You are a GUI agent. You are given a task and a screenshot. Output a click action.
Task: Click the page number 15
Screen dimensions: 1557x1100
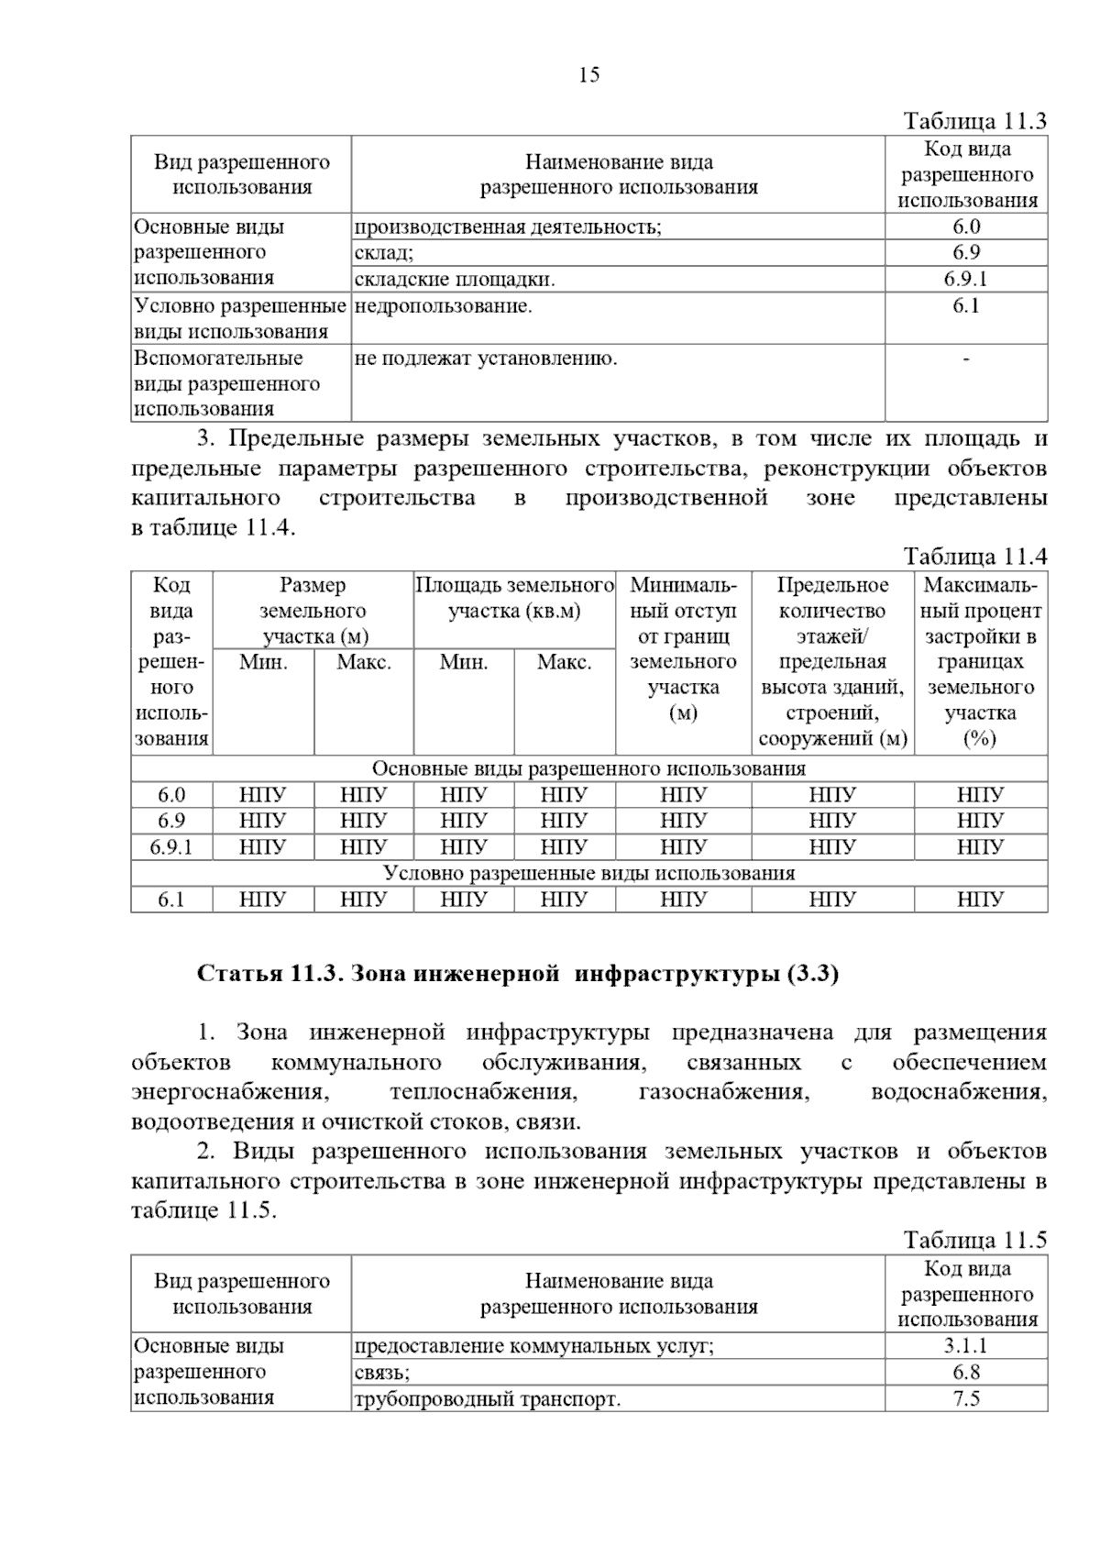coord(588,75)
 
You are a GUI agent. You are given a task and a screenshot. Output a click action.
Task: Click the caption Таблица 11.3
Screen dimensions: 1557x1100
coord(974,122)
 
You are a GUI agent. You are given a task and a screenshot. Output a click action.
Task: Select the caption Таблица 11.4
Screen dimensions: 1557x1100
coord(974,557)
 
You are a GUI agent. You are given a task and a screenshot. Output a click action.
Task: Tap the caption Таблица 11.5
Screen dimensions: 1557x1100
coord(974,1241)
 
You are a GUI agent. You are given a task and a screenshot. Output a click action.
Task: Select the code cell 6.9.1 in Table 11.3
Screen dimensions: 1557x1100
coord(966,279)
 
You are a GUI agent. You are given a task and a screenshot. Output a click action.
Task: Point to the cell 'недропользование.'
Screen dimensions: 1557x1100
coord(443,306)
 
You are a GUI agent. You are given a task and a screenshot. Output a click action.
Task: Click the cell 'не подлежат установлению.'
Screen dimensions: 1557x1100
coord(486,359)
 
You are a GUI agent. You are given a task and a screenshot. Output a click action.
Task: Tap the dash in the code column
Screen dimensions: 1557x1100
coord(966,359)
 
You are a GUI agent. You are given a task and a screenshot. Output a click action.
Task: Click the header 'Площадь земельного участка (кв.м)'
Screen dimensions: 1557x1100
coord(514,598)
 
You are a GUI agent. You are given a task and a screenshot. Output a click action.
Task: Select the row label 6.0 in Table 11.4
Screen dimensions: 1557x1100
coord(171,795)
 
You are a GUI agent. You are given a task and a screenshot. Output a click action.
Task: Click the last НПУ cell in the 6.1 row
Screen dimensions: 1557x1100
coord(980,900)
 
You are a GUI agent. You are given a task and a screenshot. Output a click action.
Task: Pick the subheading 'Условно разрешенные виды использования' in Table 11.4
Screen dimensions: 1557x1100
coord(588,873)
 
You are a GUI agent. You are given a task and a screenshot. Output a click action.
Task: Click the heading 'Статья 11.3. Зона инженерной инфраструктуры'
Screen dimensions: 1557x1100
coord(518,974)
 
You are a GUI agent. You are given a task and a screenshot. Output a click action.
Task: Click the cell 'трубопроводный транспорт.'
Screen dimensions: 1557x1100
coord(487,1399)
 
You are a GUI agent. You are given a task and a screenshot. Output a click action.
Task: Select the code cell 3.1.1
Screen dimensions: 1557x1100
coord(966,1346)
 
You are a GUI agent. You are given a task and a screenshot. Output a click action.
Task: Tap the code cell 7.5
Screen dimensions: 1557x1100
coord(966,1398)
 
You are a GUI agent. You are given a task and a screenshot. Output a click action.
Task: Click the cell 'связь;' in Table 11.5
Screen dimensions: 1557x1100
coord(382,1373)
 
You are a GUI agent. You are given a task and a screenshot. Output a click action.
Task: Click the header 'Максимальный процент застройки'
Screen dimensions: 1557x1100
coord(980,661)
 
